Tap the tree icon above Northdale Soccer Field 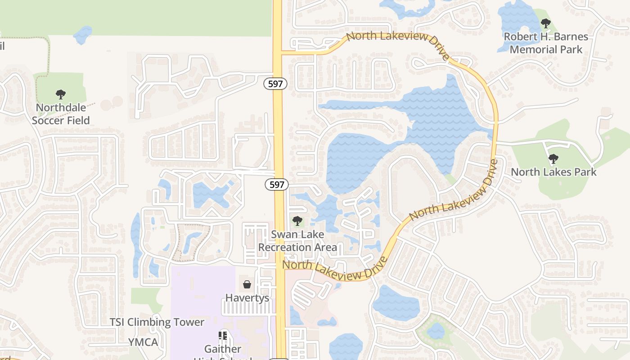[61, 94]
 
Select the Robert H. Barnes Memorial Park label [545, 43]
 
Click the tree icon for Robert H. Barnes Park [545, 23]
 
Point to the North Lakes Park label [553, 172]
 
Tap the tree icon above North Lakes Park [553, 158]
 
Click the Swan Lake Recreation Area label [297, 241]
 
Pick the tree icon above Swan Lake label [297, 221]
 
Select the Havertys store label [247, 298]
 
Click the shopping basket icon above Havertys [247, 284]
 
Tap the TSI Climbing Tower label [157, 322]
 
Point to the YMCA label [143, 342]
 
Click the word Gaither [223, 349]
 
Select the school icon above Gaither [223, 336]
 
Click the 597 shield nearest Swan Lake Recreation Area [277, 184]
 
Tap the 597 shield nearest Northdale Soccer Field [275, 84]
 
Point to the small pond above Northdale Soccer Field [82, 35]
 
